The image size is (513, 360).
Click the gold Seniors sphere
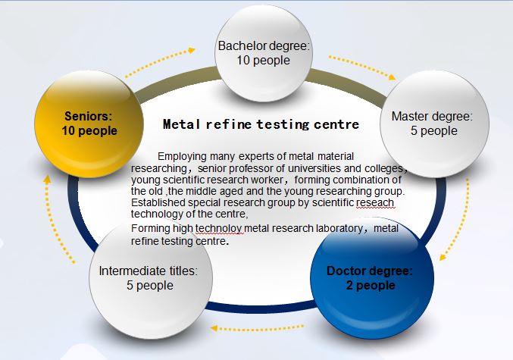89,123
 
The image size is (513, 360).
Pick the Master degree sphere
431,124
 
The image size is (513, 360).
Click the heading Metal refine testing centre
261,123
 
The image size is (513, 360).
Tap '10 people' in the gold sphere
89,130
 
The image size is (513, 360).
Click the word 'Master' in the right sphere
411,117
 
